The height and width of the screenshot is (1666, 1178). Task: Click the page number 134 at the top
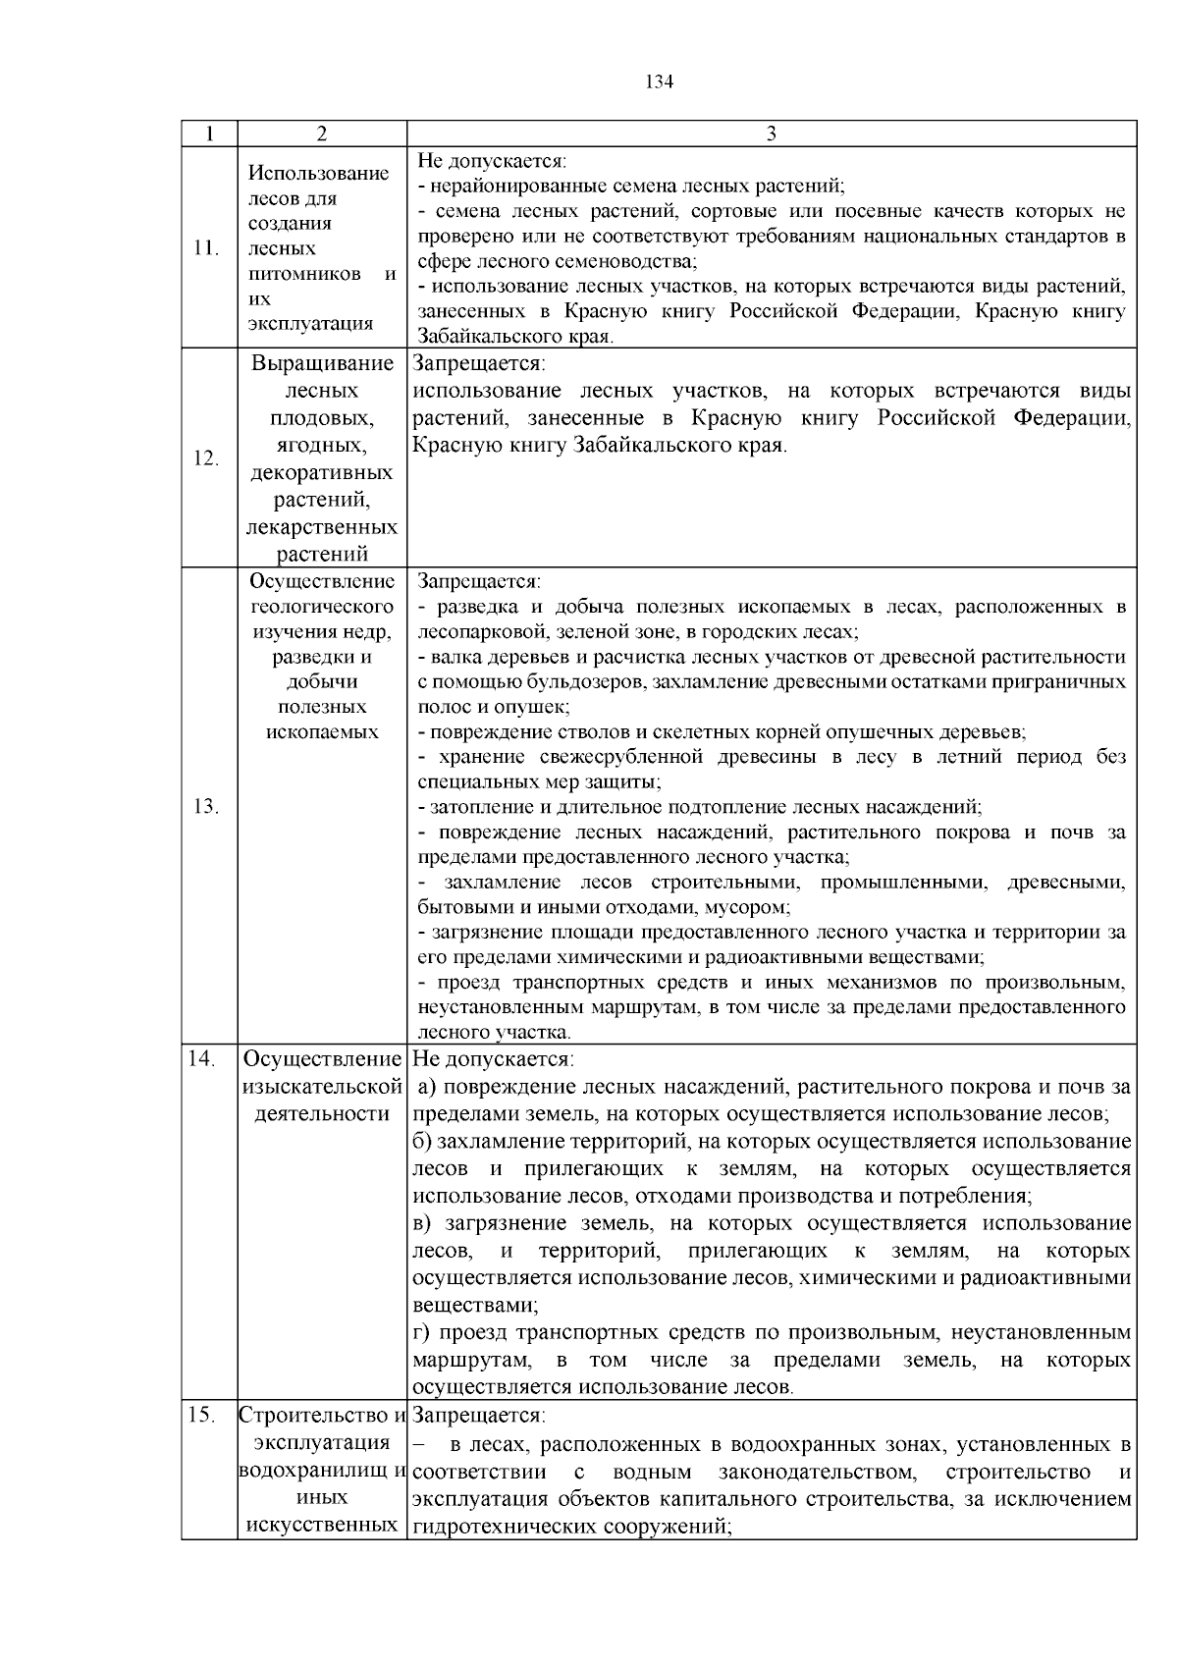coord(659,82)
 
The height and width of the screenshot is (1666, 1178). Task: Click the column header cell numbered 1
coord(209,134)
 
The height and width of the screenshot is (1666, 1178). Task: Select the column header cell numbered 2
coord(322,134)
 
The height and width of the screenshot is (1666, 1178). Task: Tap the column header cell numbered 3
coord(771,134)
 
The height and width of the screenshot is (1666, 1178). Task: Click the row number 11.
coord(206,248)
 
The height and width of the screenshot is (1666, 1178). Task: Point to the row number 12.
coord(206,457)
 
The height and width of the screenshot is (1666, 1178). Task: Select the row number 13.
coord(206,806)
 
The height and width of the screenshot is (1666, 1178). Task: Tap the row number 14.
coord(201,1060)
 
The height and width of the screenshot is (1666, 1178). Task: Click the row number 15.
coord(201,1416)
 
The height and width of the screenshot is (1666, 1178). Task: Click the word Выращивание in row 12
coord(322,364)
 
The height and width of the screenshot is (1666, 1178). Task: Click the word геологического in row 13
coord(322,607)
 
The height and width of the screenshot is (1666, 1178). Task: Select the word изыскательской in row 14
coord(322,1088)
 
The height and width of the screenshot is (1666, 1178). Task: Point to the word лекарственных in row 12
coord(322,528)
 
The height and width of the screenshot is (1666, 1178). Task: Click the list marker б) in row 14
coord(422,1142)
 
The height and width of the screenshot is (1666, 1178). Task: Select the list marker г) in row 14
coord(421,1333)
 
